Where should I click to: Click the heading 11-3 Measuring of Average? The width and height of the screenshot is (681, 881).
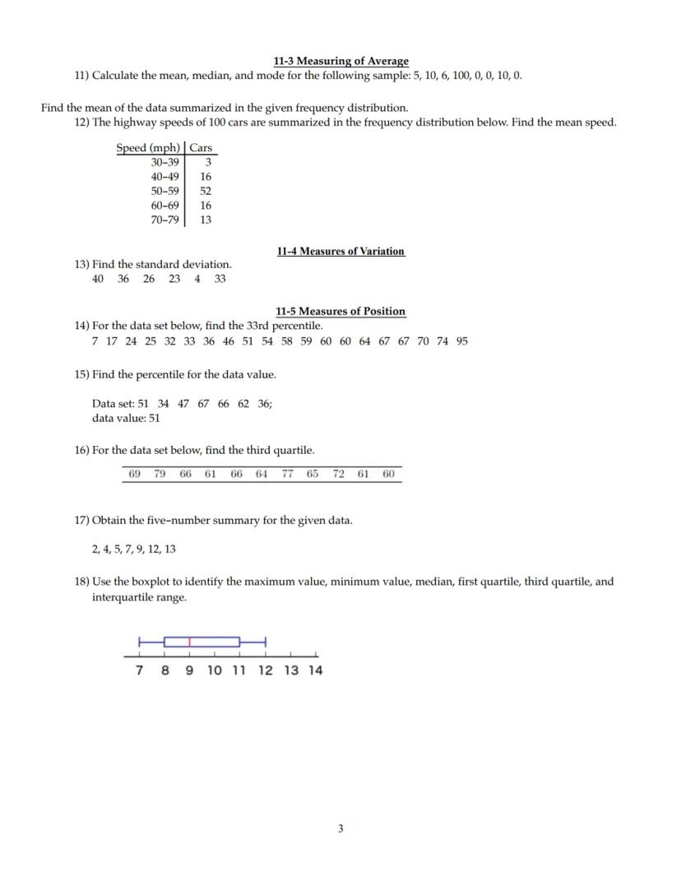340,61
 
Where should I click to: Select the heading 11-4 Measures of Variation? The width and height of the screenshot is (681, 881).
340,251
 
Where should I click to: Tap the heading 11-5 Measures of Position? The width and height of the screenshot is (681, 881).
340,311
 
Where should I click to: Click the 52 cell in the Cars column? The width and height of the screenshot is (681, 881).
206,190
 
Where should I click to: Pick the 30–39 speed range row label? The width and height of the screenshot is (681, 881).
164,162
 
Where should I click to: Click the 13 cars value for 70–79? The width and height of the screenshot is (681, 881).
206,220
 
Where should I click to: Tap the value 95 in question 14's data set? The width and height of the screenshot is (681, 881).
461,341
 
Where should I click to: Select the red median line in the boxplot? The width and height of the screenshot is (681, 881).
190,642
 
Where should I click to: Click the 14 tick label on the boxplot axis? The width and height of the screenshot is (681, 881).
316,670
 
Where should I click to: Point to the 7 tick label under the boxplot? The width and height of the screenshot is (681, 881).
140,670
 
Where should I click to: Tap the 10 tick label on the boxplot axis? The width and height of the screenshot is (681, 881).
214,670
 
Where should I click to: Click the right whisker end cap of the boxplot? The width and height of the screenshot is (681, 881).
265,642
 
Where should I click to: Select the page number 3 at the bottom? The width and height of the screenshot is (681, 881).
340,828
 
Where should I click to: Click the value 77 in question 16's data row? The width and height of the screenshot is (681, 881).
287,474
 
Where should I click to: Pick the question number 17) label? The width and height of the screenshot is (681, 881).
82,520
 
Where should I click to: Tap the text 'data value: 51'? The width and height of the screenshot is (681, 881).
126,418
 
